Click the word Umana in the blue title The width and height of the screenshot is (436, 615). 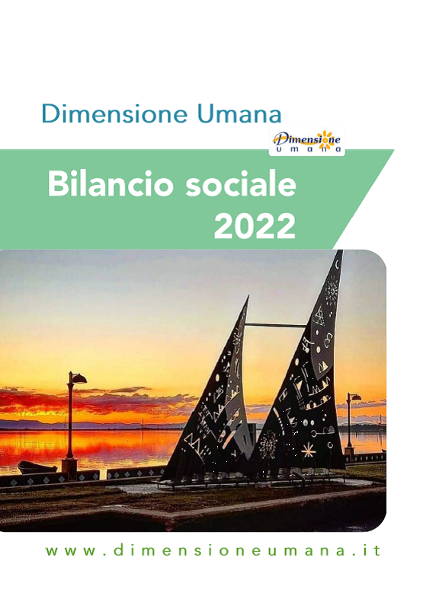coord(239,113)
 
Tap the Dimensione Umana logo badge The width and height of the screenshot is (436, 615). coord(306,142)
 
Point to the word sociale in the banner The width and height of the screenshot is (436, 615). coord(241,183)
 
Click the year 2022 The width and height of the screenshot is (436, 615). coord(255,226)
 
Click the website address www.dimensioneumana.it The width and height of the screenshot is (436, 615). coord(213,550)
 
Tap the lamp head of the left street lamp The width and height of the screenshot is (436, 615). coord(78,378)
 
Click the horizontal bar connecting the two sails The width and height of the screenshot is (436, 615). coord(276,325)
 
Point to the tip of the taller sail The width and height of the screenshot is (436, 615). coord(341,250)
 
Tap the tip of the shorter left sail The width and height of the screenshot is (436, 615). coord(248,297)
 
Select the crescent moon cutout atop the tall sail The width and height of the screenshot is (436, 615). coord(338,265)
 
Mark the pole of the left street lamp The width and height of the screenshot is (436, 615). coord(70,419)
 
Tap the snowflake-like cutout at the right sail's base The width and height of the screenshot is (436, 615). coord(268,443)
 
